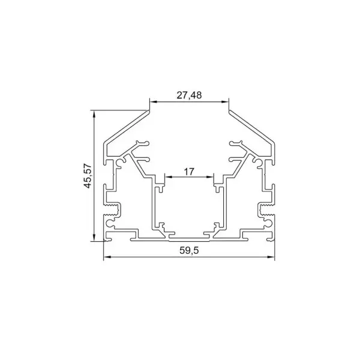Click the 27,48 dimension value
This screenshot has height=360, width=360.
[189, 95]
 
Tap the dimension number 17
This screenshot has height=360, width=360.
[188, 172]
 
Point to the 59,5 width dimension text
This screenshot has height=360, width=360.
[188, 251]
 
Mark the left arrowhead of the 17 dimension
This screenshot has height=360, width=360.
[167, 178]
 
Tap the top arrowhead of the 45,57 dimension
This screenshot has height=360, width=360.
[94, 113]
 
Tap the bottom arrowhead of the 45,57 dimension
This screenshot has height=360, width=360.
[94, 238]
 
